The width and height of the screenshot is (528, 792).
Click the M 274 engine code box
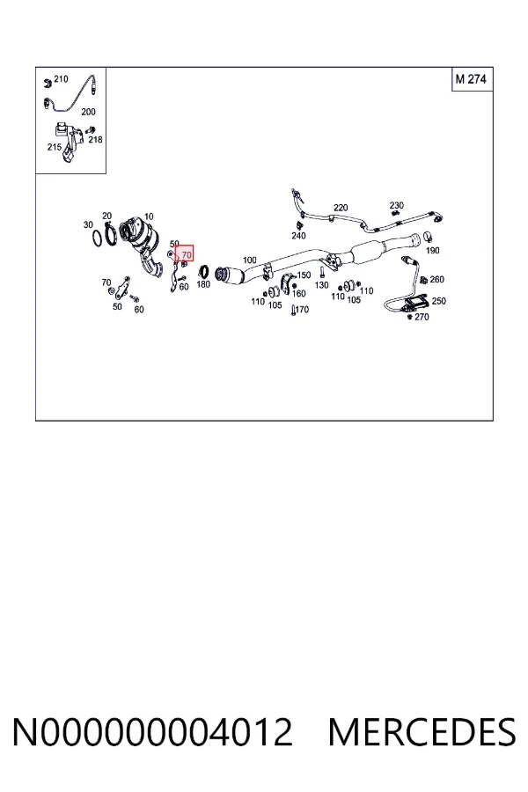coord(472,79)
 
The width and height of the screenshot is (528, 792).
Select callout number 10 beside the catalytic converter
coord(149,217)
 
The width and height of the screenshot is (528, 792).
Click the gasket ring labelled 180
coord(205,272)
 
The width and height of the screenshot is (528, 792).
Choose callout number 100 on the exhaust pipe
coord(250,260)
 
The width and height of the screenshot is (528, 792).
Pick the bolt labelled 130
coord(321,274)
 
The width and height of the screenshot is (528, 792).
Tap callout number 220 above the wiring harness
coord(341,208)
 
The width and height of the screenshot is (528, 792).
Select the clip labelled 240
coord(298,224)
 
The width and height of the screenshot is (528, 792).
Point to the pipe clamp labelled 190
coord(428,235)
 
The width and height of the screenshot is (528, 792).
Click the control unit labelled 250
coord(417,302)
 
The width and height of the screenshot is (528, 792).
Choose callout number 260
coord(437,279)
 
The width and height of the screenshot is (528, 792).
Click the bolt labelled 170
coord(292,310)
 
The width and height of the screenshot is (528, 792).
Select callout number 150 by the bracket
coord(304,275)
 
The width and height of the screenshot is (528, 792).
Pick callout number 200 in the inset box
coord(88,112)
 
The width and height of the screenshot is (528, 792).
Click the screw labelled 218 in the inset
coord(92,130)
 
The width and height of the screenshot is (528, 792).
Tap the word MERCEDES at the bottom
coord(422,732)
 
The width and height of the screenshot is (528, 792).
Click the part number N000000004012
coord(152,732)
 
